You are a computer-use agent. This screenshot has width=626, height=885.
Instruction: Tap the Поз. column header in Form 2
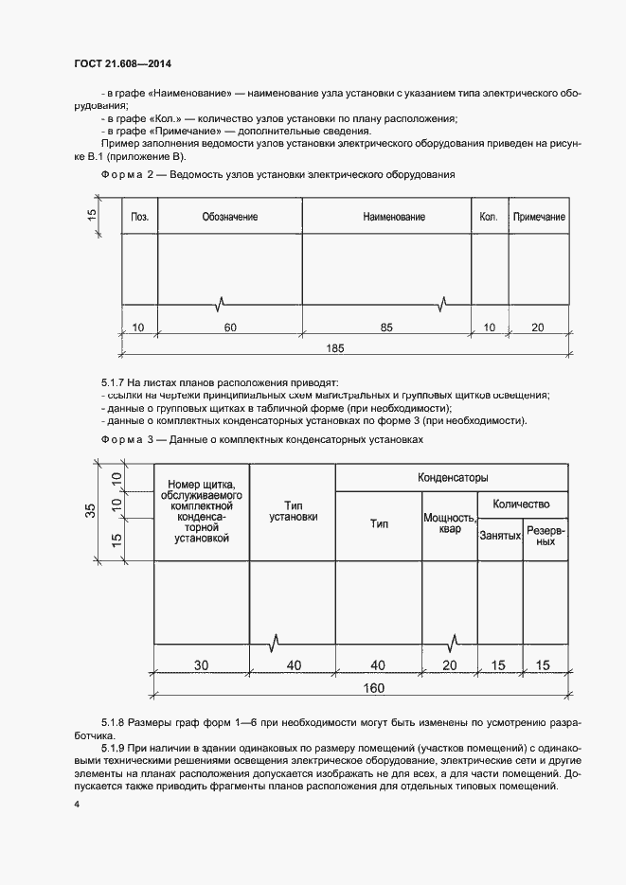139,217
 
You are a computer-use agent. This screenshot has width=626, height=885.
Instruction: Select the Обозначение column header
229,217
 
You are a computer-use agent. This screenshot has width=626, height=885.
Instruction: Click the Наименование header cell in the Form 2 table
393,217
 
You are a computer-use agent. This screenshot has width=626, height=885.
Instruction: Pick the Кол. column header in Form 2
489,217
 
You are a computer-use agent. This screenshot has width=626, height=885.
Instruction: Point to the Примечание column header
539,217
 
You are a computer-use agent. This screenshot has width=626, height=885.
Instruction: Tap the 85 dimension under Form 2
386,327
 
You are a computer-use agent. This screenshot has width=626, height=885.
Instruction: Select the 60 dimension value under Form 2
230,327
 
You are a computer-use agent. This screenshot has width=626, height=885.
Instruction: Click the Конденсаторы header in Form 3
453,478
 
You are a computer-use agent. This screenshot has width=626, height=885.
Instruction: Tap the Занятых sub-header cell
500,536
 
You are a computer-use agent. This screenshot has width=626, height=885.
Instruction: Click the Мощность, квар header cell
449,523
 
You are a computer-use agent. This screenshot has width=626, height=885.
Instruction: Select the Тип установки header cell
293,511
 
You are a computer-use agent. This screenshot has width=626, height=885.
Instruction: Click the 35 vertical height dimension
90,511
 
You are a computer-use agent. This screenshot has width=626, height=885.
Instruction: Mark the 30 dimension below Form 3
201,665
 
